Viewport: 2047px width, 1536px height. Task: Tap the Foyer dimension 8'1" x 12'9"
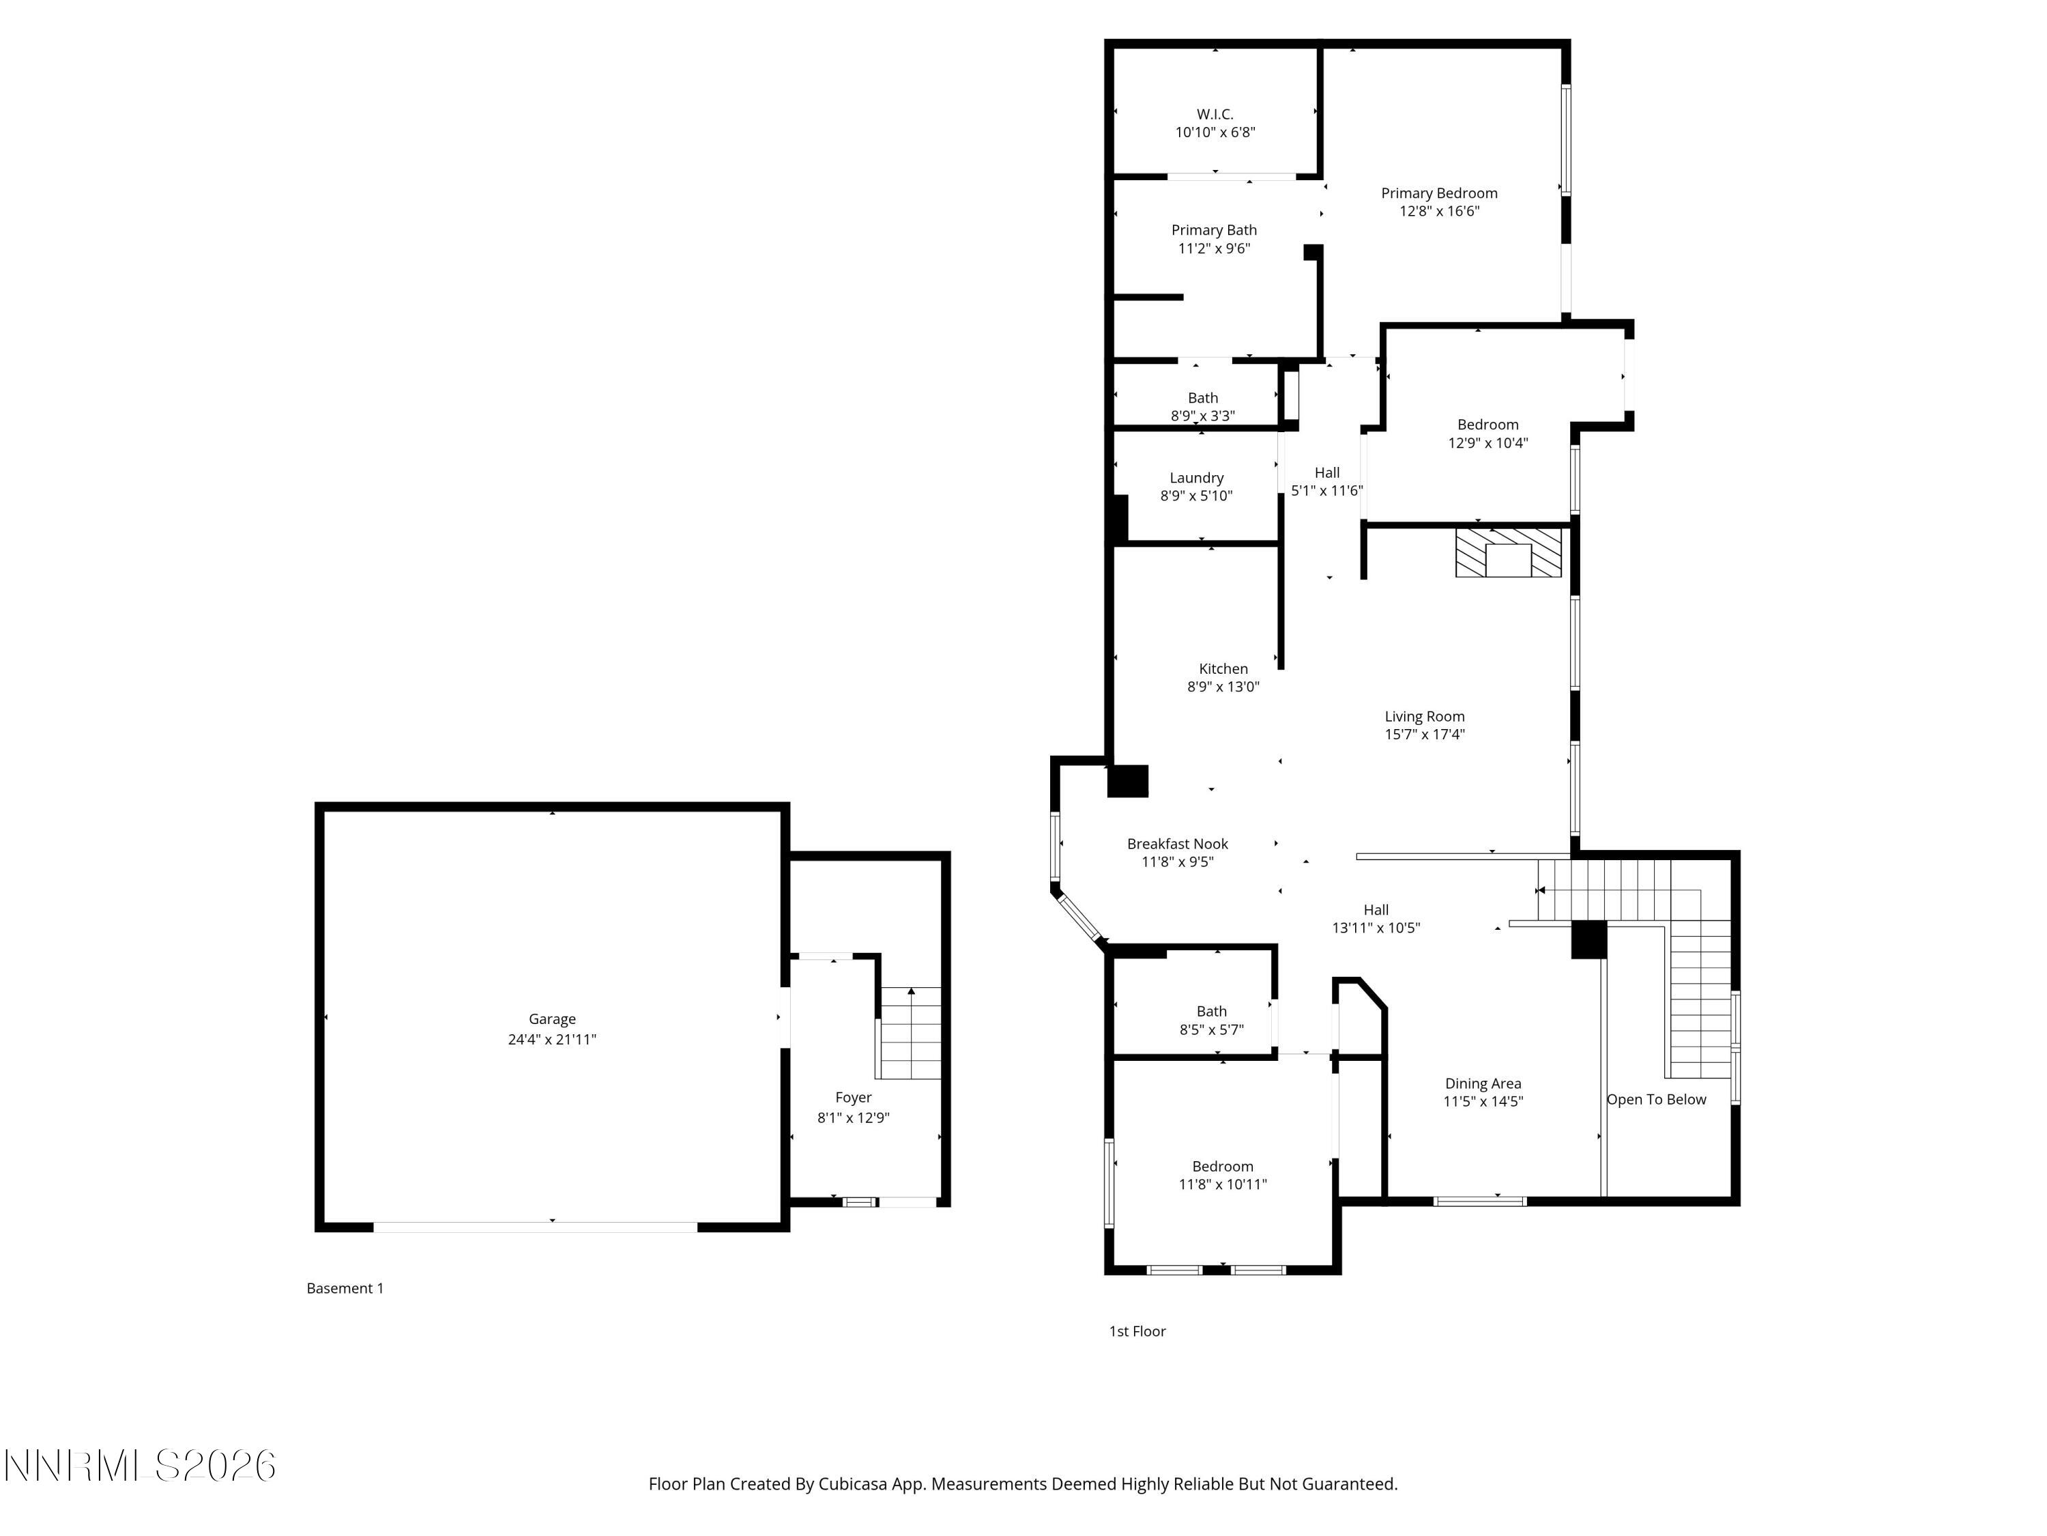coord(852,1118)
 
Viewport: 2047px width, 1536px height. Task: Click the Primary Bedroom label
coord(1438,193)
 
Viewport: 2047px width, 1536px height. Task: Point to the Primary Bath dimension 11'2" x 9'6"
coord(1213,248)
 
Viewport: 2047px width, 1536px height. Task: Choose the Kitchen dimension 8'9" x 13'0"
coord(1223,687)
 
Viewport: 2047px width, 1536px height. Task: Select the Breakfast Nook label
coord(1177,844)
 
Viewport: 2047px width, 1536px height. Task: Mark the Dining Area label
coord(1483,1083)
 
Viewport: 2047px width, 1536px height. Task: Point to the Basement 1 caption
coord(345,1288)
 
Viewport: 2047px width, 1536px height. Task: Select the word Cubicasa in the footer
coord(853,1484)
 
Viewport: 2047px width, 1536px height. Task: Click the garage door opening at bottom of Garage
coord(535,1227)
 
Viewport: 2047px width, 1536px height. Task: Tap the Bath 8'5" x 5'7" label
coord(1210,1012)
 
